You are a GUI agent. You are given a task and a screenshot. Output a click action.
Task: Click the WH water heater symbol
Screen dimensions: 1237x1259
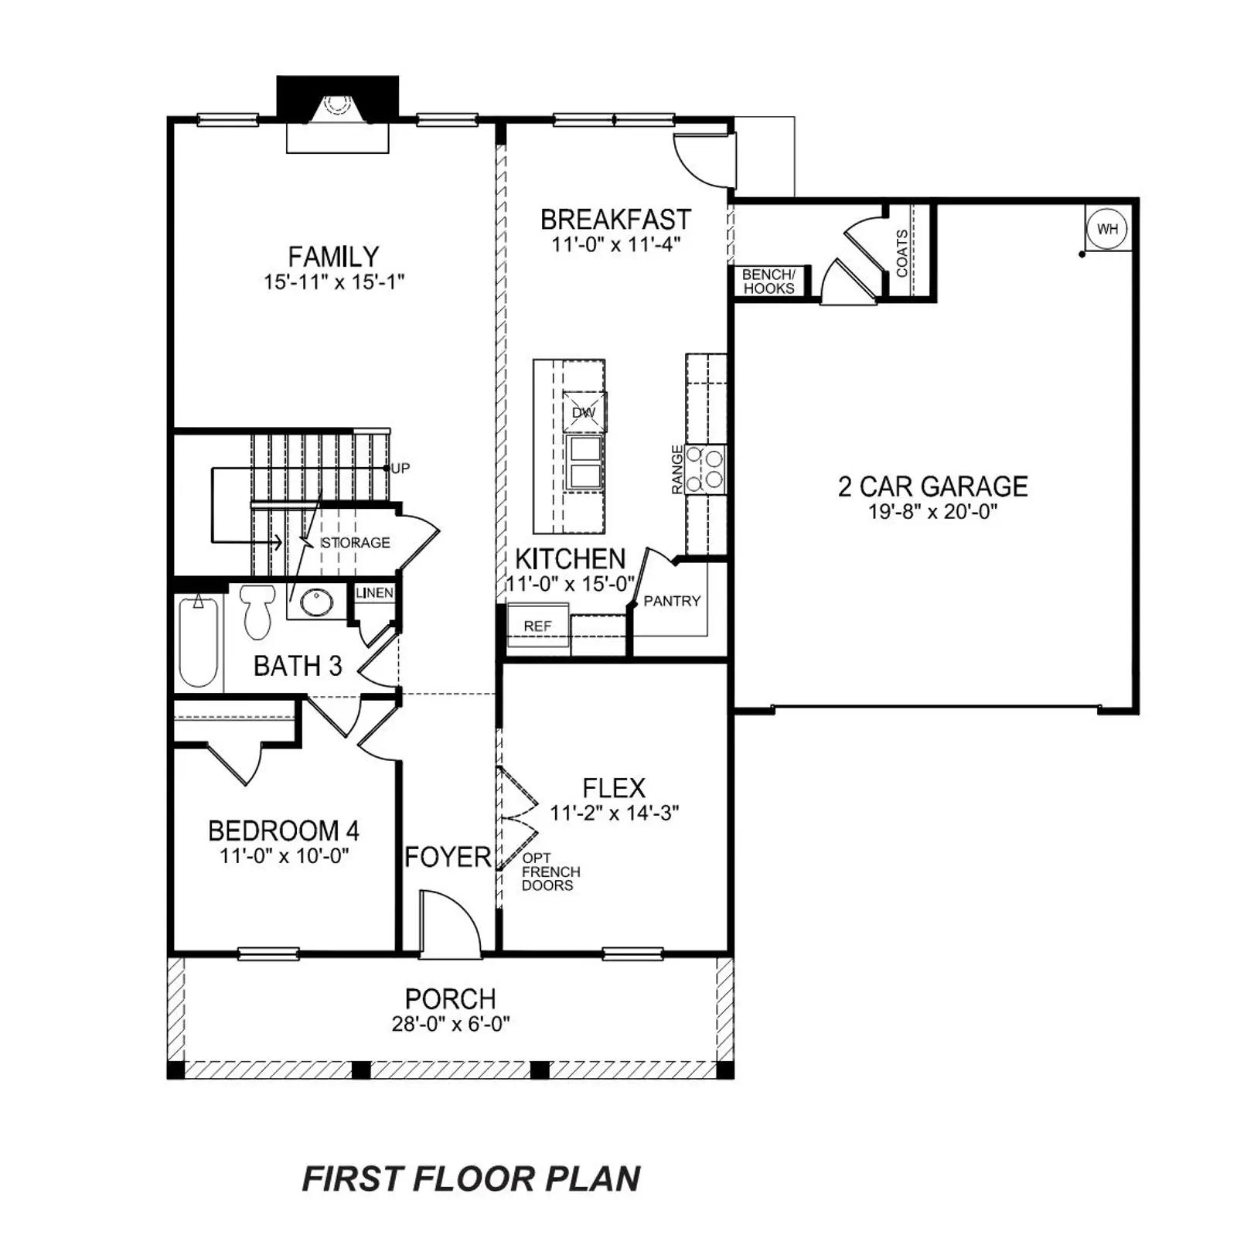point(1107,228)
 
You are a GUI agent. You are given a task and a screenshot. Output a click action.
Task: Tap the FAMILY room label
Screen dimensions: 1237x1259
point(333,256)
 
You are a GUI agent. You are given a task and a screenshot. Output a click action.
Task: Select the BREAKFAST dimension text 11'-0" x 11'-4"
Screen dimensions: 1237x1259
point(615,244)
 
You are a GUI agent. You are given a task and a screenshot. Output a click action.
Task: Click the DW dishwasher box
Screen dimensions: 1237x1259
point(584,412)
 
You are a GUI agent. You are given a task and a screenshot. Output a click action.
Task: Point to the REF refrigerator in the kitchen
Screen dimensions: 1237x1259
point(538,625)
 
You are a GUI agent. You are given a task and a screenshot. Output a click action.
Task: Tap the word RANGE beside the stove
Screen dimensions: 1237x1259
point(677,469)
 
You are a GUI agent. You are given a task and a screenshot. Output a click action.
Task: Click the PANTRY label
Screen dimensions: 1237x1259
point(672,601)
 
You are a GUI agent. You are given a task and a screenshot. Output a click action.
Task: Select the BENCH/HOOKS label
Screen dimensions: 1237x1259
point(768,281)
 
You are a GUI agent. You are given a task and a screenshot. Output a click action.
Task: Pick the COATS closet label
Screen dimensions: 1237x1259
point(902,252)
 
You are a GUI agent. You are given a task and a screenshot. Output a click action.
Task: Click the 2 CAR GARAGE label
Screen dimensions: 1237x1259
point(933,486)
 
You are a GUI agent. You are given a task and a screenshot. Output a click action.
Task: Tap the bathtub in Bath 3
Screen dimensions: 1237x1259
point(198,640)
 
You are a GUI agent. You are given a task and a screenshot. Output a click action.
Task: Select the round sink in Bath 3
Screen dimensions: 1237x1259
point(317,602)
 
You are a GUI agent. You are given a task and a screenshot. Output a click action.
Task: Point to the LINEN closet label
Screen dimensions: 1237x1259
point(375,592)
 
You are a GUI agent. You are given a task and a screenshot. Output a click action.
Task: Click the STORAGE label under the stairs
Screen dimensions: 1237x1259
point(355,542)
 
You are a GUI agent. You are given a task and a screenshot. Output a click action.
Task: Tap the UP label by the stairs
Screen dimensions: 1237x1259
point(400,468)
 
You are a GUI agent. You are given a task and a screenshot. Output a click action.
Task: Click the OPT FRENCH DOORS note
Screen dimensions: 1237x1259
point(550,872)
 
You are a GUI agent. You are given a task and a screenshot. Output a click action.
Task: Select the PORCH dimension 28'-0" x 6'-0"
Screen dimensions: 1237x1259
point(451,1024)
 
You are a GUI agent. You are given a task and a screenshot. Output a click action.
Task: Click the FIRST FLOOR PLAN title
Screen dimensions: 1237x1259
point(471,1179)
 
